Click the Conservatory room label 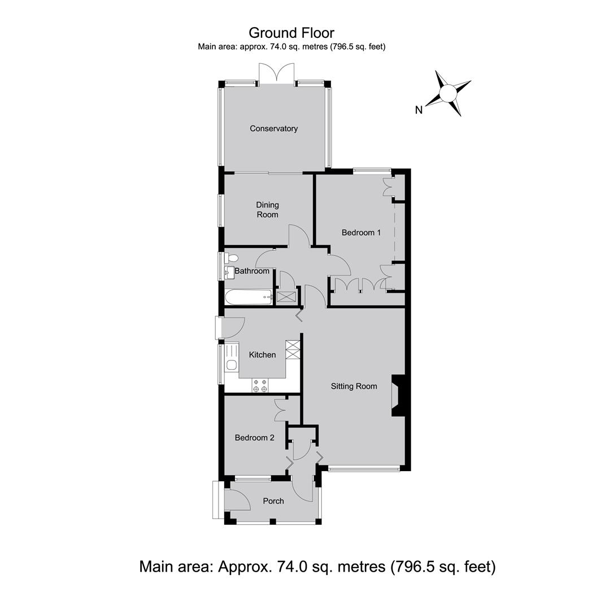click(x=273, y=128)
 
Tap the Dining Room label click(x=267, y=210)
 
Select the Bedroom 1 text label click(x=361, y=233)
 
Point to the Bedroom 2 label click(x=254, y=438)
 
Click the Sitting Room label click(x=354, y=386)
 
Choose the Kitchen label click(x=262, y=355)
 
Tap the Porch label click(x=273, y=501)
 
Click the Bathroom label click(x=252, y=271)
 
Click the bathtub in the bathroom click(x=248, y=297)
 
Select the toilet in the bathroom click(x=232, y=258)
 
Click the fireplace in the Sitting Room click(x=398, y=395)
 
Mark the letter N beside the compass click(x=419, y=110)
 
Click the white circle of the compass click(x=448, y=93)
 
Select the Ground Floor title click(x=291, y=33)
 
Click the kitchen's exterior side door click(x=230, y=327)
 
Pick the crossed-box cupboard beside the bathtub click(x=286, y=297)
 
